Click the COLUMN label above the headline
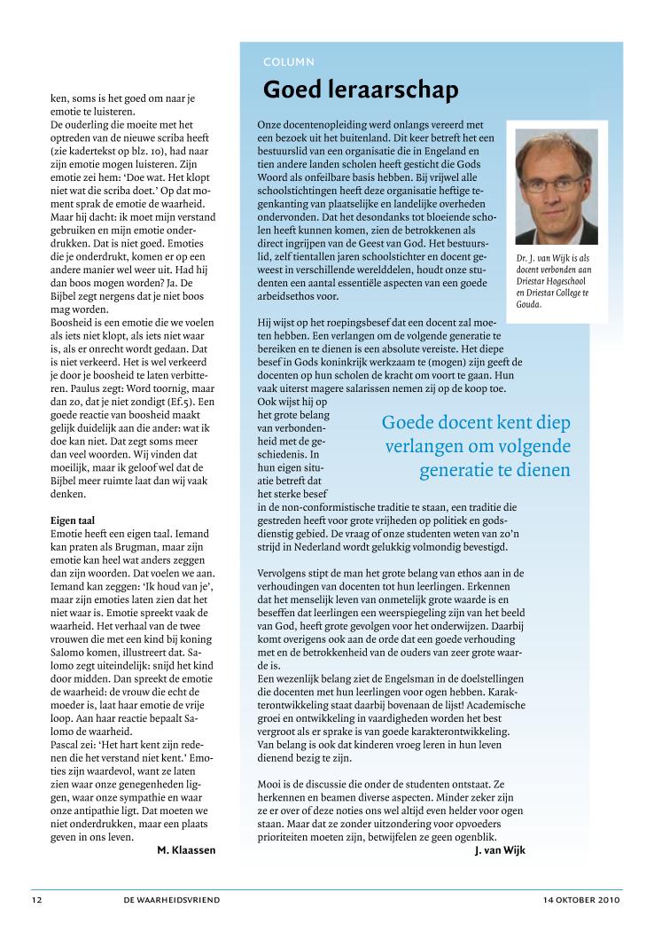click(x=289, y=62)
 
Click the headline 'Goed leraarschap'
click(x=360, y=90)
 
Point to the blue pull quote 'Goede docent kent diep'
click(x=477, y=423)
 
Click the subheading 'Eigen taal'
click(x=73, y=520)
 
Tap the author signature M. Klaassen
click(x=186, y=849)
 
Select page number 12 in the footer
click(x=35, y=900)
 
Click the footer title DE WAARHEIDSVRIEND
click(x=172, y=900)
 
